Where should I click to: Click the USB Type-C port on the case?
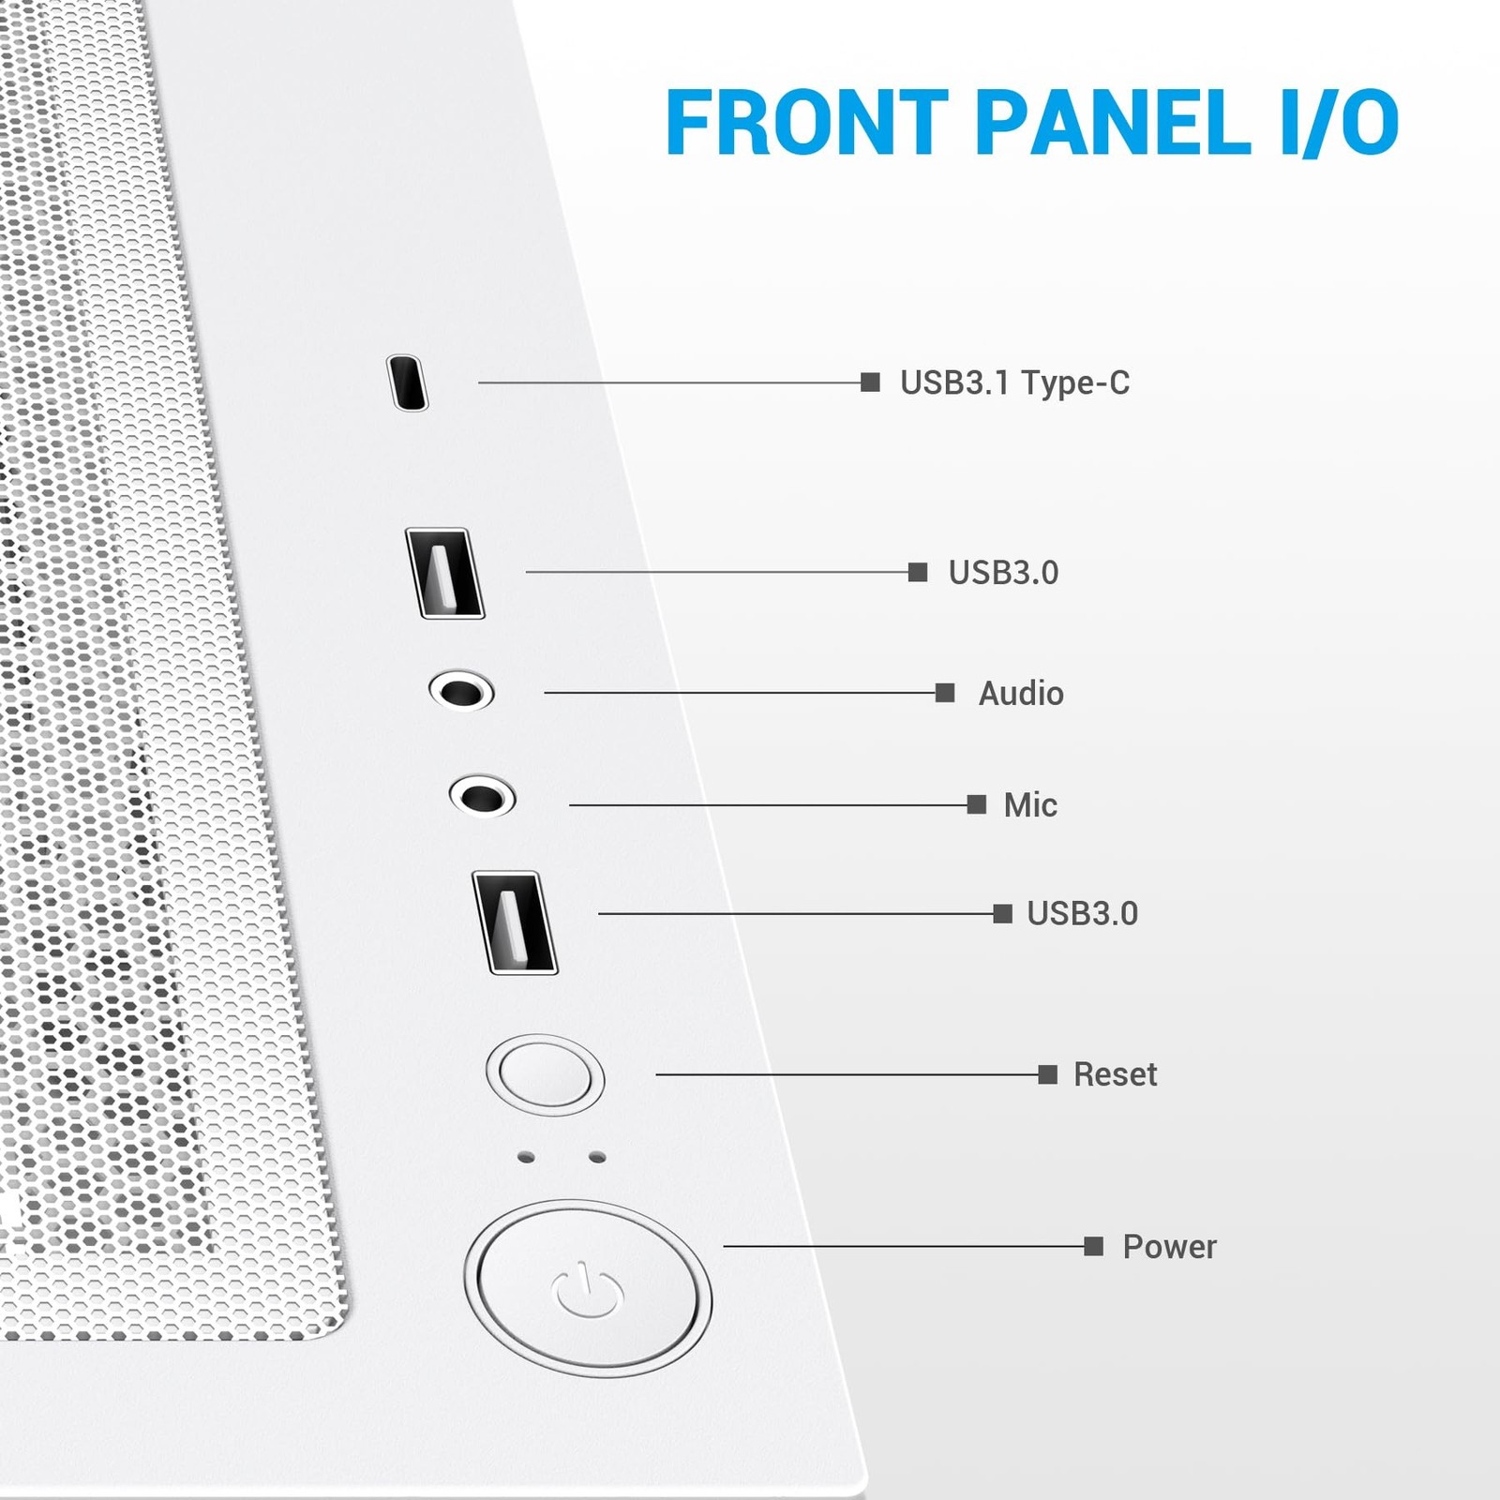408,382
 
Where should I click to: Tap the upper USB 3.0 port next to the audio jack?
444,573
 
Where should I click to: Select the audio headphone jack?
461,692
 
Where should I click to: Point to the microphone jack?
482,797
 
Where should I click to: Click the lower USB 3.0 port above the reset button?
515,922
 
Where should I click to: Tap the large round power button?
588,1289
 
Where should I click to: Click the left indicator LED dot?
526,1158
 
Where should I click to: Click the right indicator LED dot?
597,1158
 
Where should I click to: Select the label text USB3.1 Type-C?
1014,382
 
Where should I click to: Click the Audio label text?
1021,694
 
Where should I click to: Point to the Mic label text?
1030,804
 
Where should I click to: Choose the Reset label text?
1115,1074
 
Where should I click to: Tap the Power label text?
1169,1247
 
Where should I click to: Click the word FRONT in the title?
807,122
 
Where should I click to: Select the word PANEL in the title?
1114,122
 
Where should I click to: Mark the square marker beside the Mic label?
976,804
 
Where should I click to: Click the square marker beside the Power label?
1093,1246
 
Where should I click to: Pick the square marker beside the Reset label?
1048,1074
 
